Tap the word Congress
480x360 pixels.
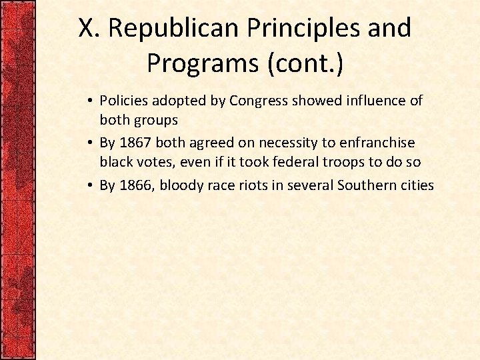coord(257,101)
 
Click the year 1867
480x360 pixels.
coord(136,143)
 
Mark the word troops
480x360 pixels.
coord(319,161)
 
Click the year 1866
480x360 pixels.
coord(136,185)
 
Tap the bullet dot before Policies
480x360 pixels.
coord(89,101)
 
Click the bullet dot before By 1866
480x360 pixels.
coord(89,185)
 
